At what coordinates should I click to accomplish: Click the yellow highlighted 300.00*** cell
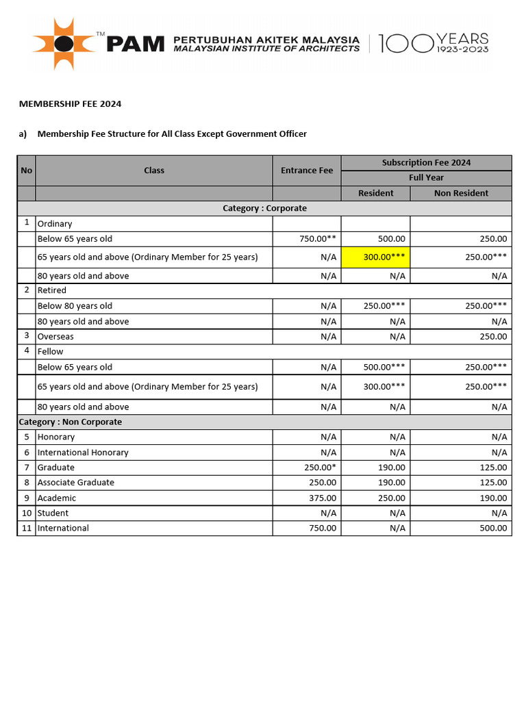click(375, 257)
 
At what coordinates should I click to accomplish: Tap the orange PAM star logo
click(64, 44)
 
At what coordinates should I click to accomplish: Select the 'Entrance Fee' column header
click(306, 170)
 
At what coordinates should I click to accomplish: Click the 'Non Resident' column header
click(461, 193)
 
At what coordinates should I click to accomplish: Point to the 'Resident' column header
click(375, 193)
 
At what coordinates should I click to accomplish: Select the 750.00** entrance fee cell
click(317, 239)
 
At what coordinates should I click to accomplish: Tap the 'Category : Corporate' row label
click(264, 208)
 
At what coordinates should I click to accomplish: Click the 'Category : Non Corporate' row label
click(70, 422)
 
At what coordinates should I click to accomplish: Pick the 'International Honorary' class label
click(83, 453)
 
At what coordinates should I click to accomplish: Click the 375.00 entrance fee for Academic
click(323, 498)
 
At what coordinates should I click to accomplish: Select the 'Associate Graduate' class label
click(76, 483)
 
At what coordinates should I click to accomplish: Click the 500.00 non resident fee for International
click(493, 528)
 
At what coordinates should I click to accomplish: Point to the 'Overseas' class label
click(55, 337)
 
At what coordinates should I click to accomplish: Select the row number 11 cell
click(26, 528)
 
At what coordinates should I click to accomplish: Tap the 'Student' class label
click(53, 513)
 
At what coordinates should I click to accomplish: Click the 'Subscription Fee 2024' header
click(426, 162)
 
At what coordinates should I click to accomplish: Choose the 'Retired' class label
click(52, 290)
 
